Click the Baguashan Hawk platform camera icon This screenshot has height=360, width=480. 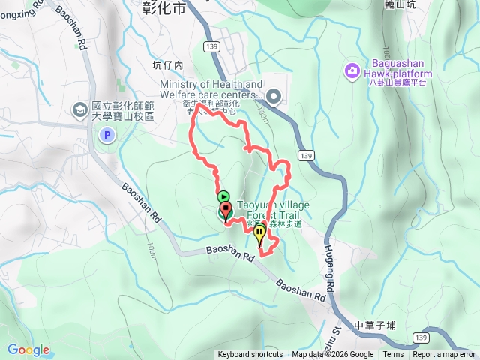pyautogui.click(x=352, y=70)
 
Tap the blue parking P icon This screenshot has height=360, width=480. pyautogui.click(x=107, y=136)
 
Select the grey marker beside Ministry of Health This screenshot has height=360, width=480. pyautogui.click(x=274, y=95)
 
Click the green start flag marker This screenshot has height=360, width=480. pyautogui.click(x=223, y=197)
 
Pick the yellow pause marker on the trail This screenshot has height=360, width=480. pyautogui.click(x=259, y=235)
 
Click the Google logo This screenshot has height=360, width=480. pyautogui.click(x=28, y=349)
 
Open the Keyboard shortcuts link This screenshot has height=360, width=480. pyautogui.click(x=250, y=355)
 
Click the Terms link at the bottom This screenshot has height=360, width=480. pyautogui.click(x=393, y=355)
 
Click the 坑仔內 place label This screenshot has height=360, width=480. pyautogui.click(x=168, y=65)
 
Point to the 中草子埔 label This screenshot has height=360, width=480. pyautogui.click(x=375, y=325)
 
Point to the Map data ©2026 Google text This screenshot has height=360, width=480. pyautogui.click(x=332, y=355)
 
